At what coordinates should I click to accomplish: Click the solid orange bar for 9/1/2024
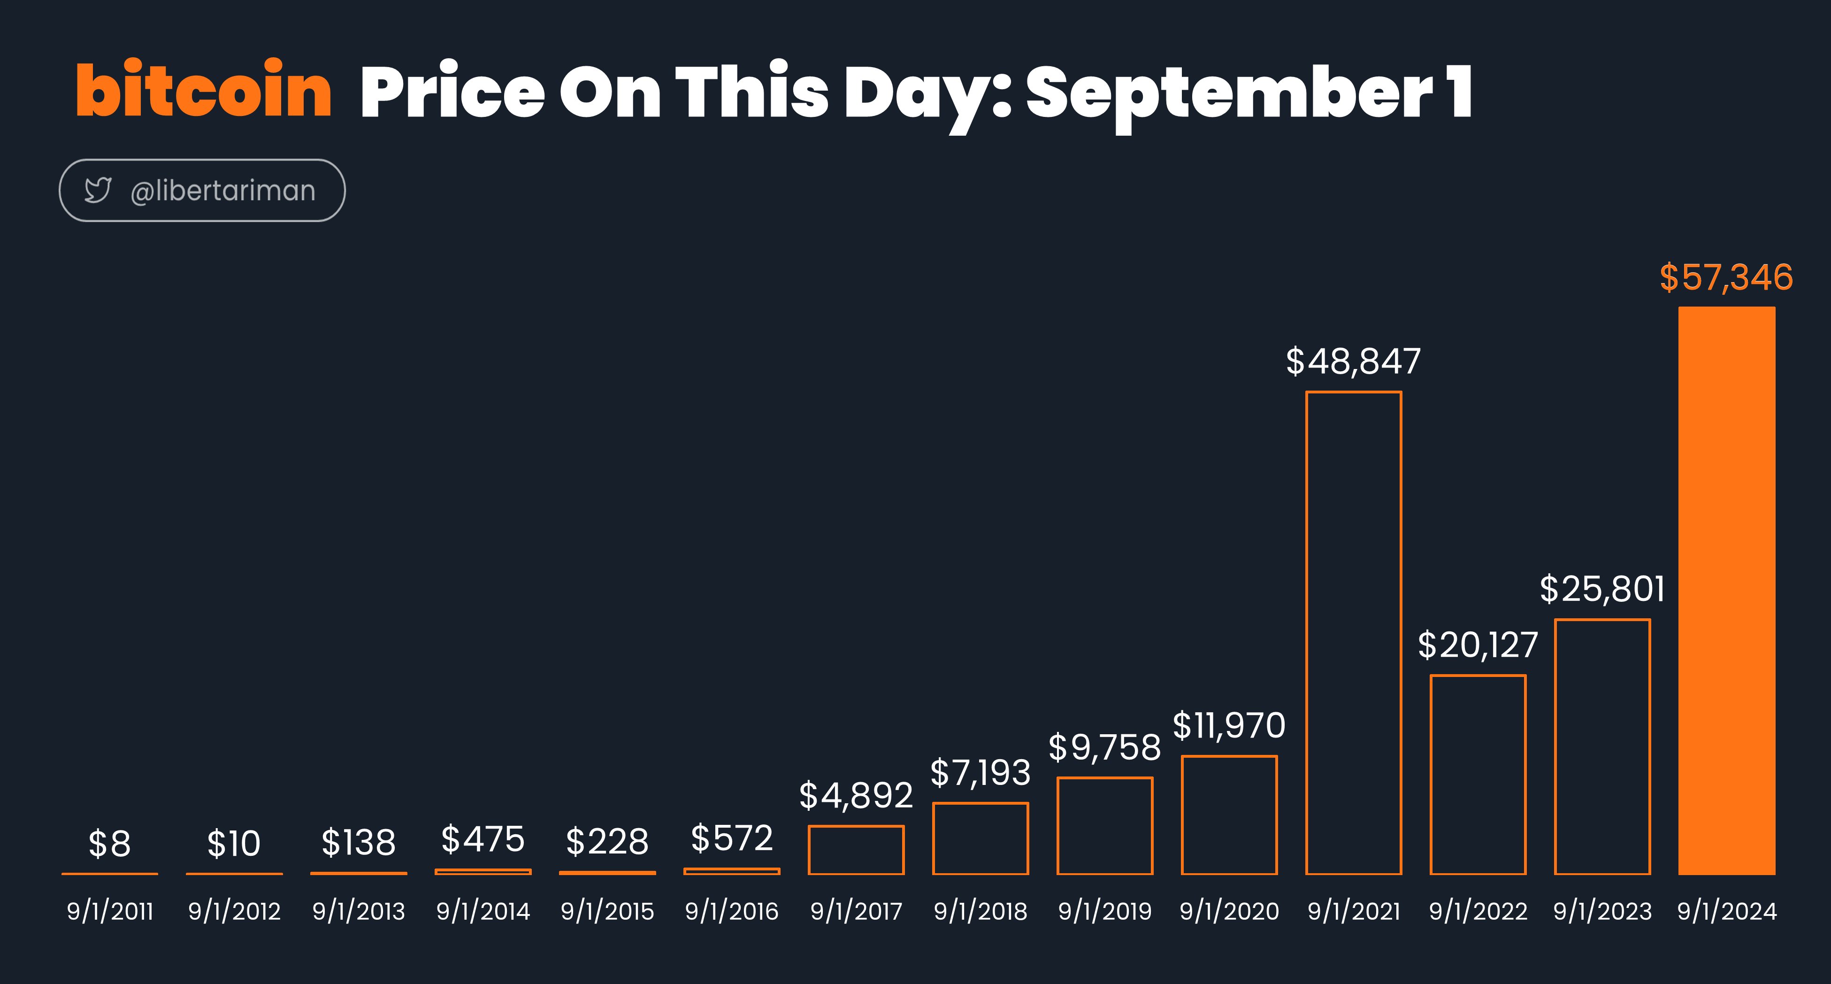click(x=1726, y=590)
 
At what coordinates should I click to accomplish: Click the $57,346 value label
click(x=1726, y=278)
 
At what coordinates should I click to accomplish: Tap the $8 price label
click(x=109, y=844)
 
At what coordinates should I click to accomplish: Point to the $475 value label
click(x=483, y=839)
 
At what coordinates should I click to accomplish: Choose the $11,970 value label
click(x=1229, y=726)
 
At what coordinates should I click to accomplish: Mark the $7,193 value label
click(x=980, y=773)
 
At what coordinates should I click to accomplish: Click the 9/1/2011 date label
click(x=110, y=911)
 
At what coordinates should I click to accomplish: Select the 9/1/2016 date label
click(x=731, y=911)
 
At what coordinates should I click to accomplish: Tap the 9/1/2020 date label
click(x=1229, y=911)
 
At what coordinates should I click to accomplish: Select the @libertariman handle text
click(x=222, y=191)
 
